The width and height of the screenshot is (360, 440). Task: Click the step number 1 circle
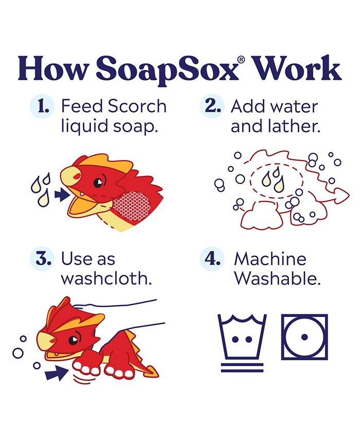pyautogui.click(x=43, y=107)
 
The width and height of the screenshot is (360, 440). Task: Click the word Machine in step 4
pyautogui.click(x=270, y=259)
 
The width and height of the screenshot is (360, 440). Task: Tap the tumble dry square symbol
pyautogui.click(x=304, y=337)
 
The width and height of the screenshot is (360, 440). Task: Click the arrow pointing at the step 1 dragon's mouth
pyautogui.click(x=63, y=195)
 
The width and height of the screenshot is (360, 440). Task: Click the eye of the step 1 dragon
pyautogui.click(x=98, y=182)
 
